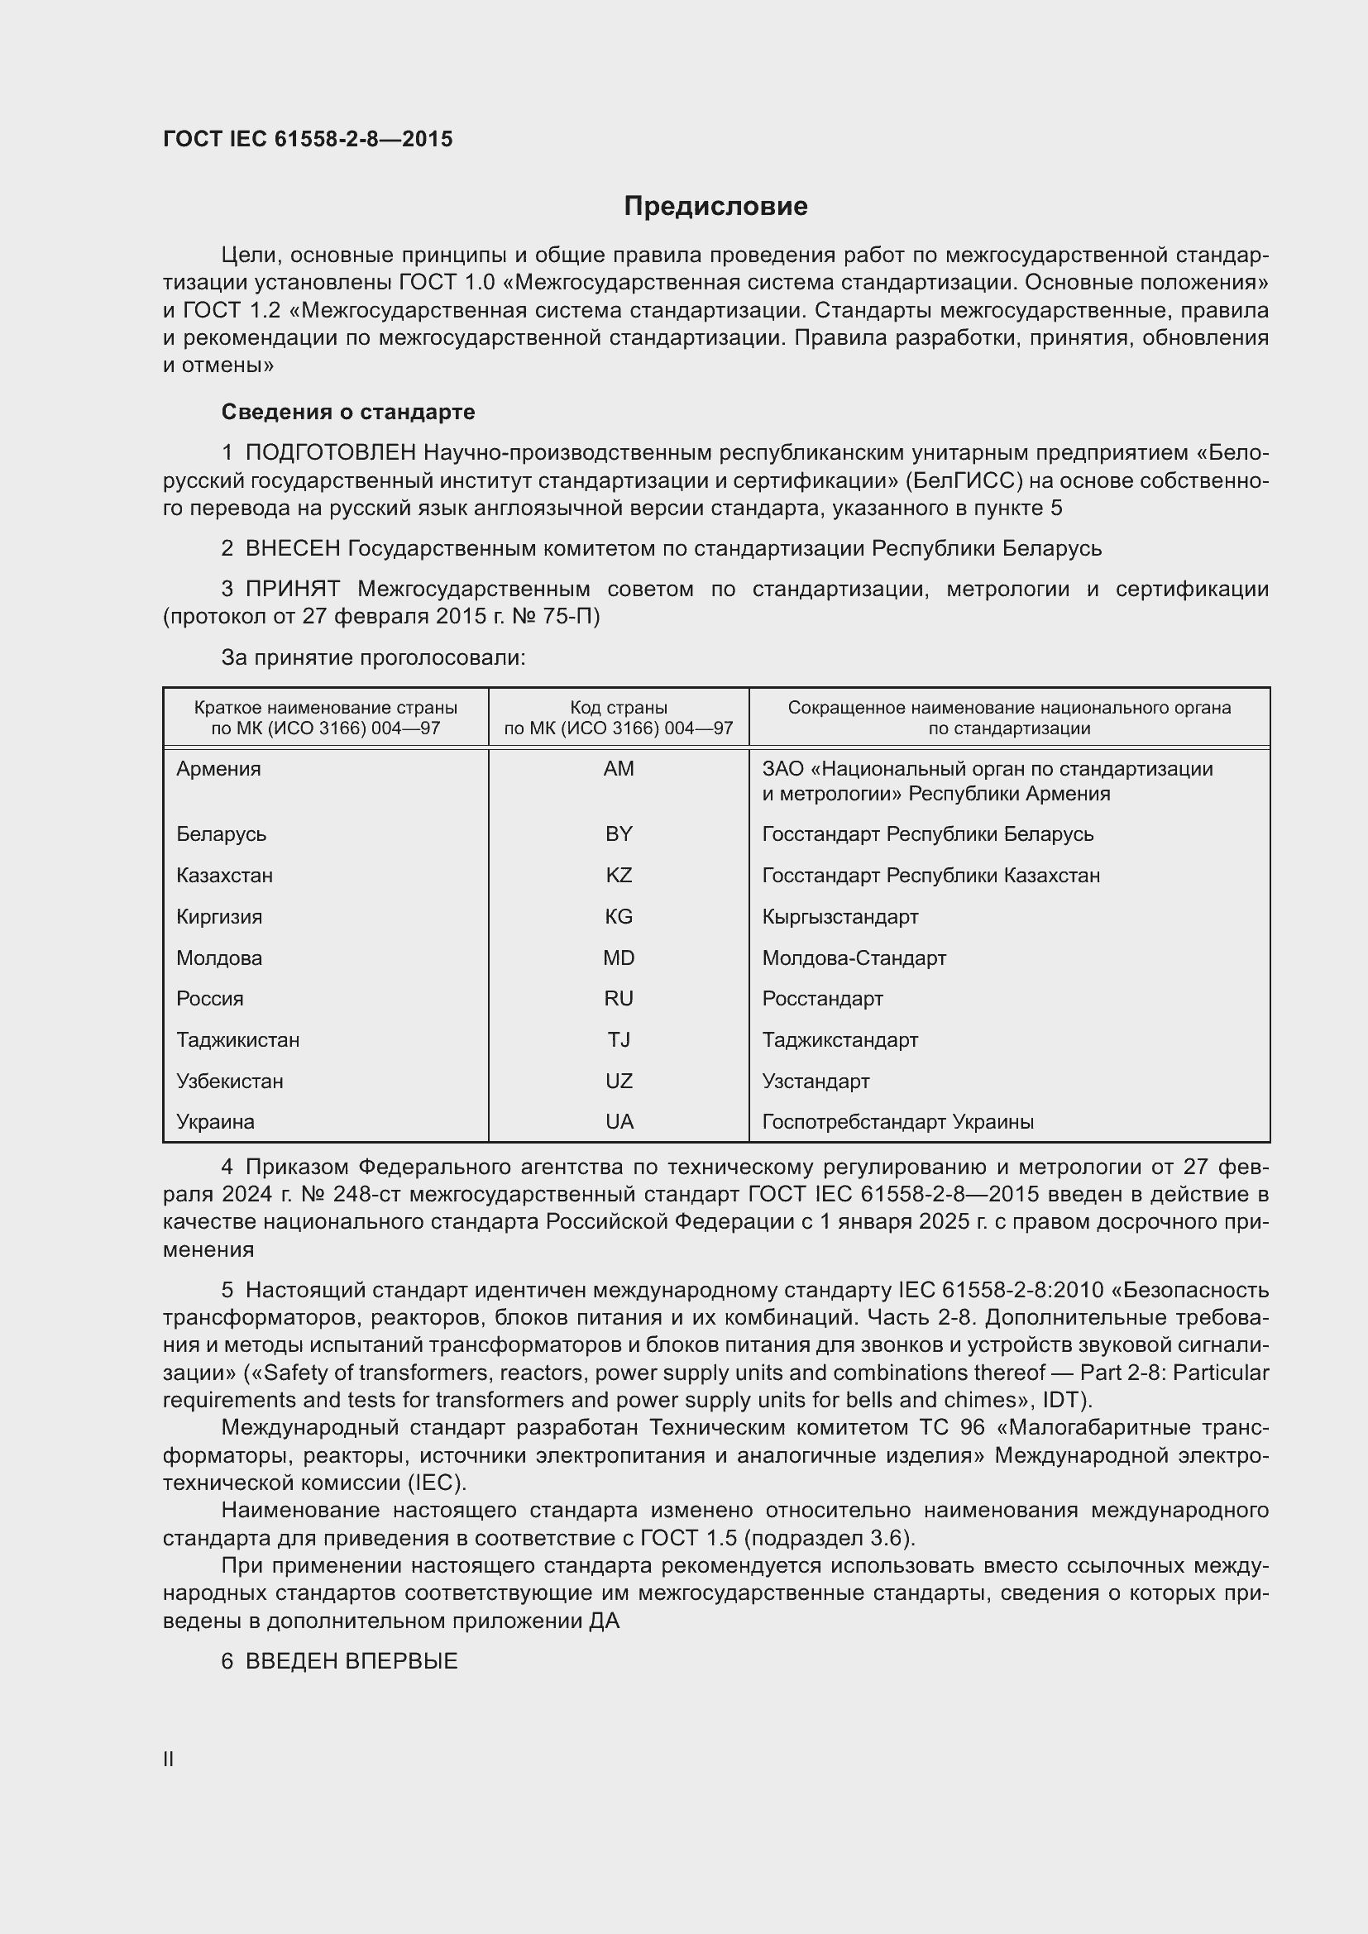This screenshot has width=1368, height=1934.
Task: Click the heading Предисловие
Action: tap(715, 207)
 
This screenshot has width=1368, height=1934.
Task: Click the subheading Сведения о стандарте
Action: tap(348, 412)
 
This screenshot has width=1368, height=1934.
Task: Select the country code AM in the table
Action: tap(619, 769)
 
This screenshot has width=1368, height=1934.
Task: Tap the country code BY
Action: tap(619, 834)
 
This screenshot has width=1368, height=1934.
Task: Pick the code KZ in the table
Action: tap(619, 875)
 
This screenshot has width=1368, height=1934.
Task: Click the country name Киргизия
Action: tap(219, 916)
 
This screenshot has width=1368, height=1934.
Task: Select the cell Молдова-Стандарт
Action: tap(854, 957)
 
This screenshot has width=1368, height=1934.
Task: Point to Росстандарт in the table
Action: tap(822, 999)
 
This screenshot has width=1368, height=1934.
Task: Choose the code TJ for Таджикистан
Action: tap(619, 1039)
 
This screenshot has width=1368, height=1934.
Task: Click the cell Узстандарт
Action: tap(816, 1081)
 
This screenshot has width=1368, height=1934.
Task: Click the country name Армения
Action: tap(218, 769)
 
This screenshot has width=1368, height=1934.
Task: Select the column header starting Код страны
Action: tap(619, 718)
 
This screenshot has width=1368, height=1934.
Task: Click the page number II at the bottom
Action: tap(169, 1760)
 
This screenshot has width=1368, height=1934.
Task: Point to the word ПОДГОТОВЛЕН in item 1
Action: tap(330, 453)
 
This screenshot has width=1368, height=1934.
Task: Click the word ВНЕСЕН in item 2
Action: tap(292, 549)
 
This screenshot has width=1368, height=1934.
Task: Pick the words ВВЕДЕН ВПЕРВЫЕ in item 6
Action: tap(352, 1662)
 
